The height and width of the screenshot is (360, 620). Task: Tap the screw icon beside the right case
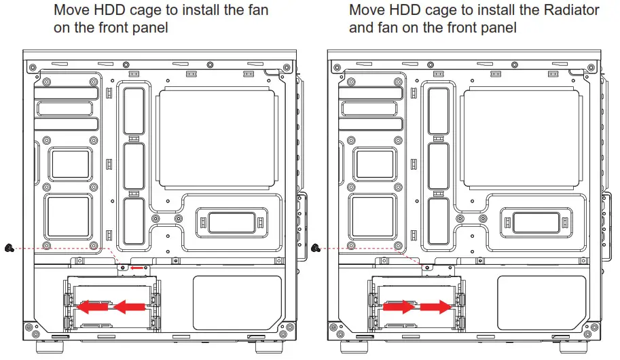[x=314, y=248]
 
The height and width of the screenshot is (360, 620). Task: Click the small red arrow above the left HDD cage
[x=138, y=268]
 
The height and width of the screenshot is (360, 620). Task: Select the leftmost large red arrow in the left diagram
[x=93, y=308]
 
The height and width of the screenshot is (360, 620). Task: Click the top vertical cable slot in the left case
[x=133, y=110]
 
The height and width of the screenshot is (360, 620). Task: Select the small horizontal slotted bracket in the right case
[x=532, y=221]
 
